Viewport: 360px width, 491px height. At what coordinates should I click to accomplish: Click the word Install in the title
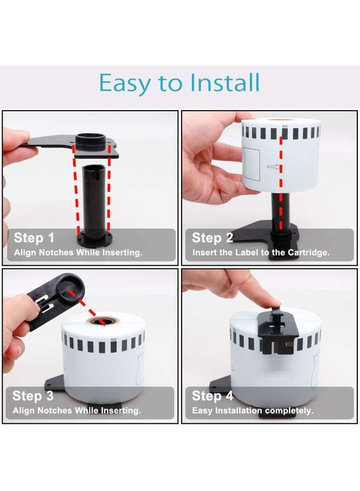(x=225, y=83)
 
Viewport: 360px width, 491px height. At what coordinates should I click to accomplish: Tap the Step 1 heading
(x=34, y=238)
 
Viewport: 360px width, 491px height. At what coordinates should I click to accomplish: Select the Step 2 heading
(x=213, y=238)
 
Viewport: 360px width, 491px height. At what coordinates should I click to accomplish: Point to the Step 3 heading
(x=33, y=396)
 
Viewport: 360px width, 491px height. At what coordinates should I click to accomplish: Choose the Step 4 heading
(x=213, y=396)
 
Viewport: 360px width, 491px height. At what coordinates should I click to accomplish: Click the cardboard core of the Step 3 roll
(x=102, y=321)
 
